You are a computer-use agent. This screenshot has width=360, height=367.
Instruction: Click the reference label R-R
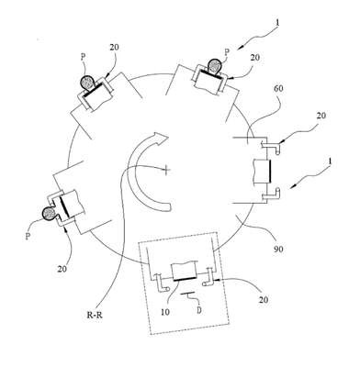coord(95,315)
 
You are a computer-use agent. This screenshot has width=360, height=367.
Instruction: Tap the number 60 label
coord(278,89)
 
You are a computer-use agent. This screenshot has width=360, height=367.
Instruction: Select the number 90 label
coord(278,249)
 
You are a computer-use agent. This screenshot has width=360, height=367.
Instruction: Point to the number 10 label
coord(165,312)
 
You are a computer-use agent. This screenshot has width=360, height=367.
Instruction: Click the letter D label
coord(199,310)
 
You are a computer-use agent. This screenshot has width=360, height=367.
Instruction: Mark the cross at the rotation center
coord(166,169)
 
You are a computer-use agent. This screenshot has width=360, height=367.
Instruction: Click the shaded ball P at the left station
coord(49,213)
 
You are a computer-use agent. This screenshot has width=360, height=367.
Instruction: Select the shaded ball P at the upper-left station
coord(88,83)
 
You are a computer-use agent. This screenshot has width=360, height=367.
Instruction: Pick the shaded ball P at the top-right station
coord(215,66)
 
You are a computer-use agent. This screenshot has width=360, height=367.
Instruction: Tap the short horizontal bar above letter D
coord(187,294)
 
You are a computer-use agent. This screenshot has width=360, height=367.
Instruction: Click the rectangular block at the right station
coord(262,172)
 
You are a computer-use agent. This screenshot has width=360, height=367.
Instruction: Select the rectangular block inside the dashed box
coord(185,272)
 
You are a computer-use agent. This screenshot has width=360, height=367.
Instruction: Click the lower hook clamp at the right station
coord(271,195)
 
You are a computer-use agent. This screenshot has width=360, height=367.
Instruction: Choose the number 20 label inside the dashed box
coord(263,299)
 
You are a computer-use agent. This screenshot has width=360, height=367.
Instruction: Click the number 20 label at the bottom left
coord(62,269)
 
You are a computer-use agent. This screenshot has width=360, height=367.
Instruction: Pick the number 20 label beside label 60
coord(321,116)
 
